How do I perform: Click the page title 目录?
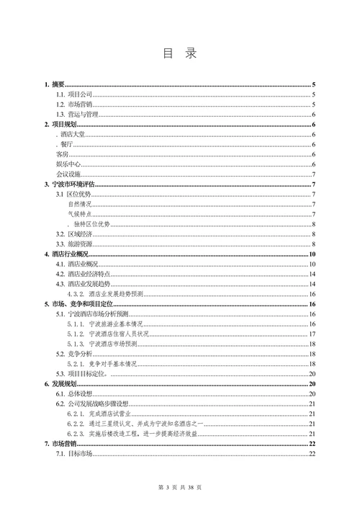tap(179, 53)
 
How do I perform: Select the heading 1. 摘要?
tap(55, 84)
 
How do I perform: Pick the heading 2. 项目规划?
tap(60, 125)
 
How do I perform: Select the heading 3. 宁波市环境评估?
tap(71, 184)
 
